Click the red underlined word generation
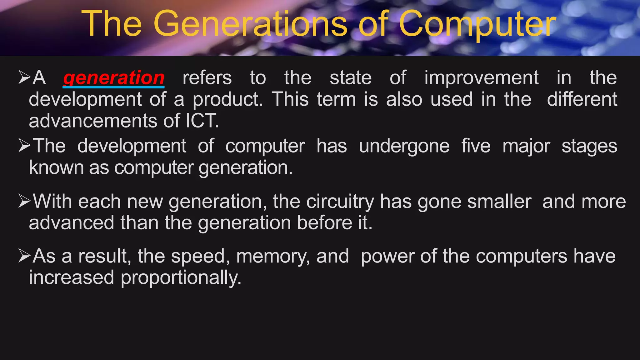pos(114,78)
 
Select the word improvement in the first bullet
pos(481,78)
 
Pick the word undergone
pos(404,146)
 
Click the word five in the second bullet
pos(476,146)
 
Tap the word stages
pos(589,146)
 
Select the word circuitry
pos(340,202)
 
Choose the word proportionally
pos(181,278)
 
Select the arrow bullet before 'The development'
pos(24,146)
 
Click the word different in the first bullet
pos(582,99)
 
